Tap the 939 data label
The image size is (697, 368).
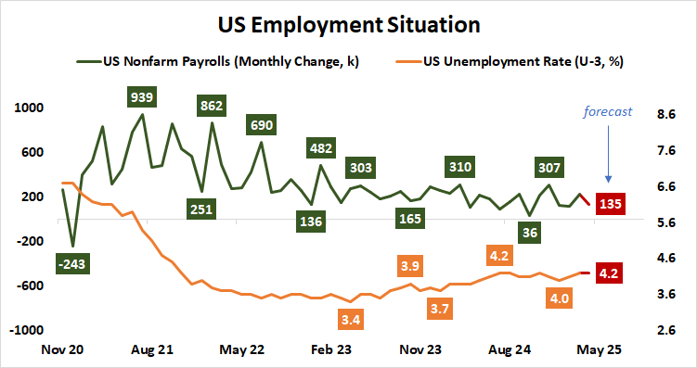pyautogui.click(x=143, y=95)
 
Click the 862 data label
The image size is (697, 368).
pyautogui.click(x=216, y=106)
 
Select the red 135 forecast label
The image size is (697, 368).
pyautogui.click(x=610, y=204)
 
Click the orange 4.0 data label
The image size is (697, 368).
pyautogui.click(x=559, y=298)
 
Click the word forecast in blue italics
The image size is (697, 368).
pyautogui.click(x=607, y=111)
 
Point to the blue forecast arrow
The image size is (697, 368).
pyautogui.click(x=608, y=153)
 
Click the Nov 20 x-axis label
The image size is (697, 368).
pyautogui.click(x=64, y=350)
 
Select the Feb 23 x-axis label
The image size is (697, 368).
pyautogui.click(x=331, y=350)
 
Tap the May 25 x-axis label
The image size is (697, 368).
pyautogui.click(x=598, y=350)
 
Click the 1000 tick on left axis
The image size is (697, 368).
pyautogui.click(x=30, y=108)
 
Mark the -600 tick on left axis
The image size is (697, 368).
pyautogui.click(x=30, y=286)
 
